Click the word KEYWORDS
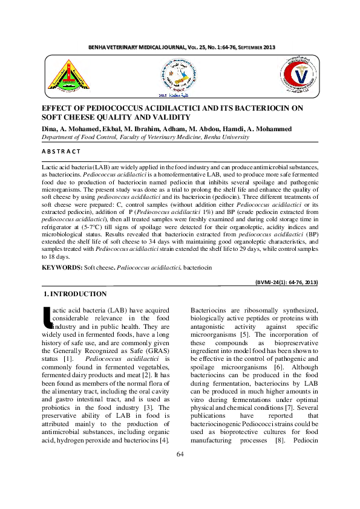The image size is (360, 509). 62,267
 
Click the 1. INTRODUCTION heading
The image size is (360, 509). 76,294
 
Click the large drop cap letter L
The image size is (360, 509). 45,317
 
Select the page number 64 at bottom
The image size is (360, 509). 180,454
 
